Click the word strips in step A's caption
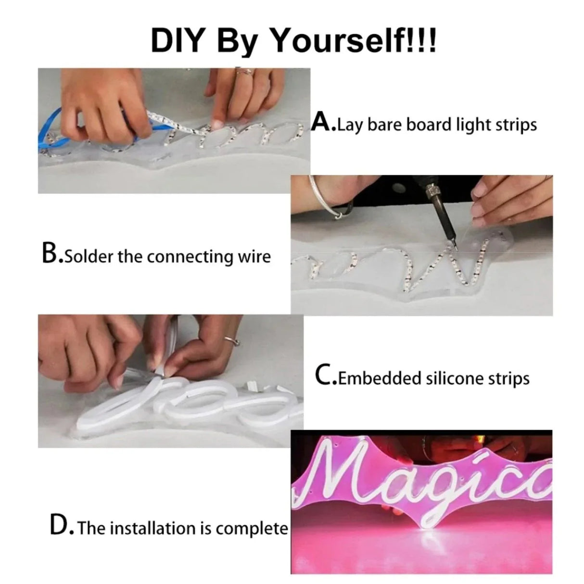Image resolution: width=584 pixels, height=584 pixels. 516,125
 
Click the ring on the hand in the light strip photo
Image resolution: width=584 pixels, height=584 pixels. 244,72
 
